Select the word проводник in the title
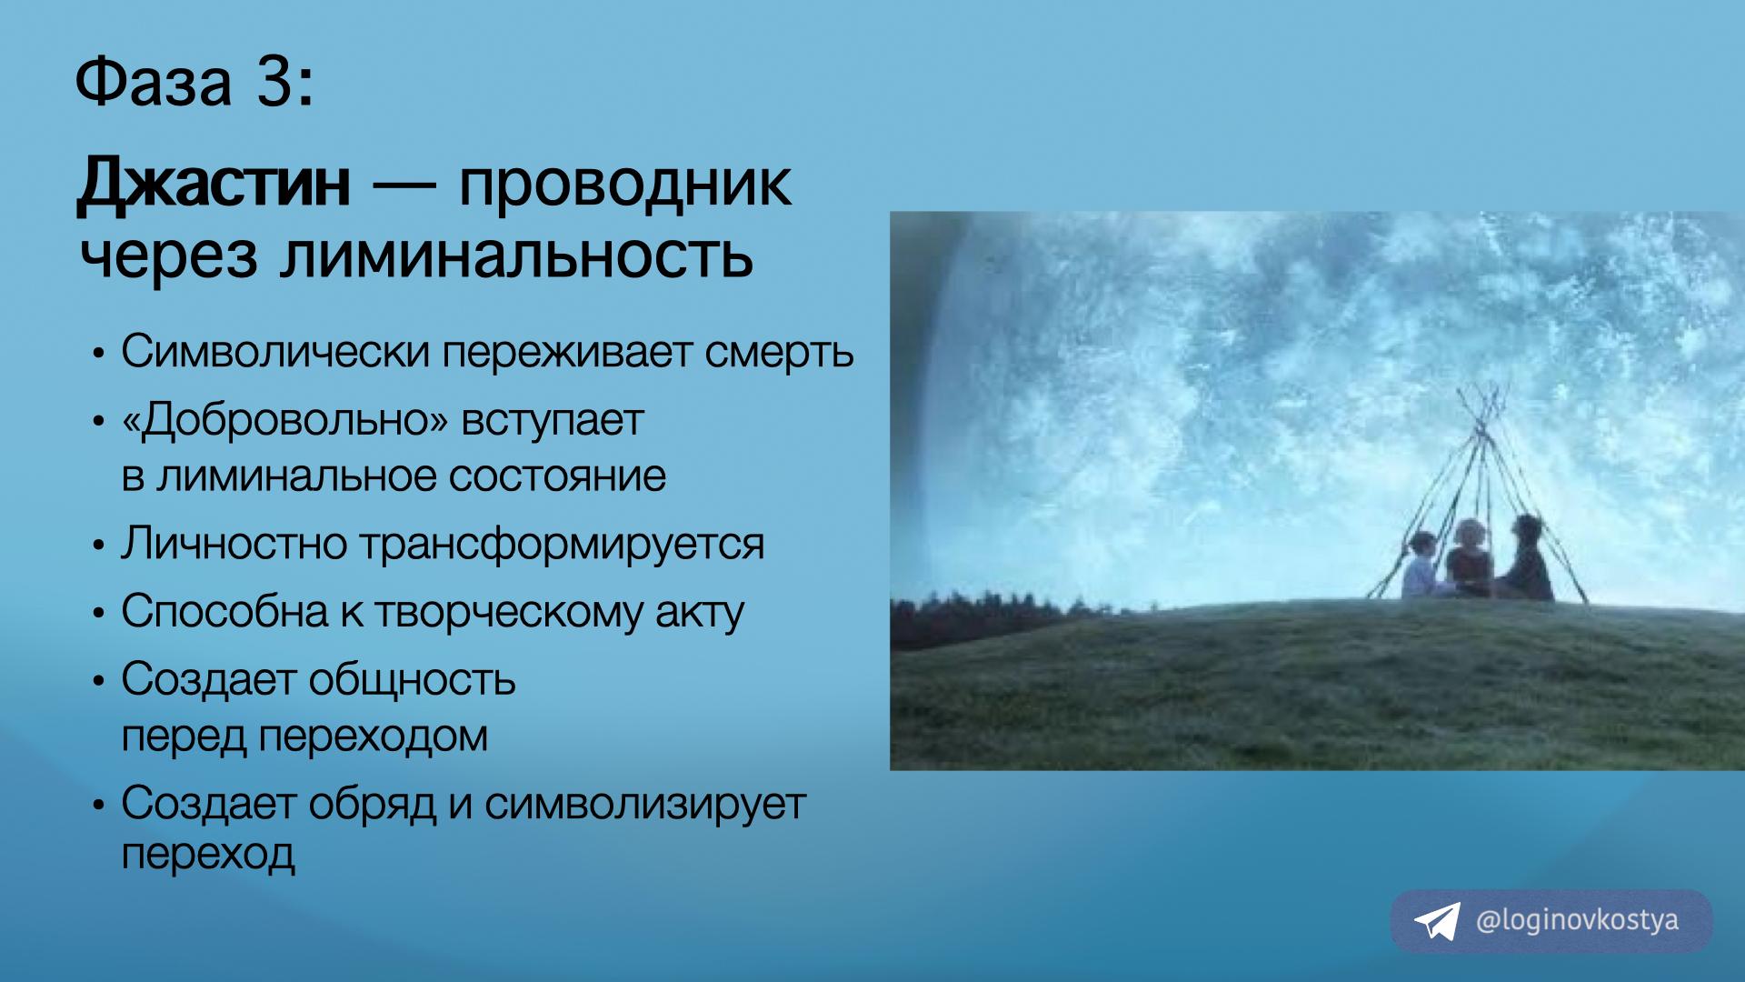(x=625, y=185)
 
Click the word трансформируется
(x=562, y=545)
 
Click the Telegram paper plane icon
(x=1437, y=921)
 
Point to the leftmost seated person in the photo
(x=1420, y=566)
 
